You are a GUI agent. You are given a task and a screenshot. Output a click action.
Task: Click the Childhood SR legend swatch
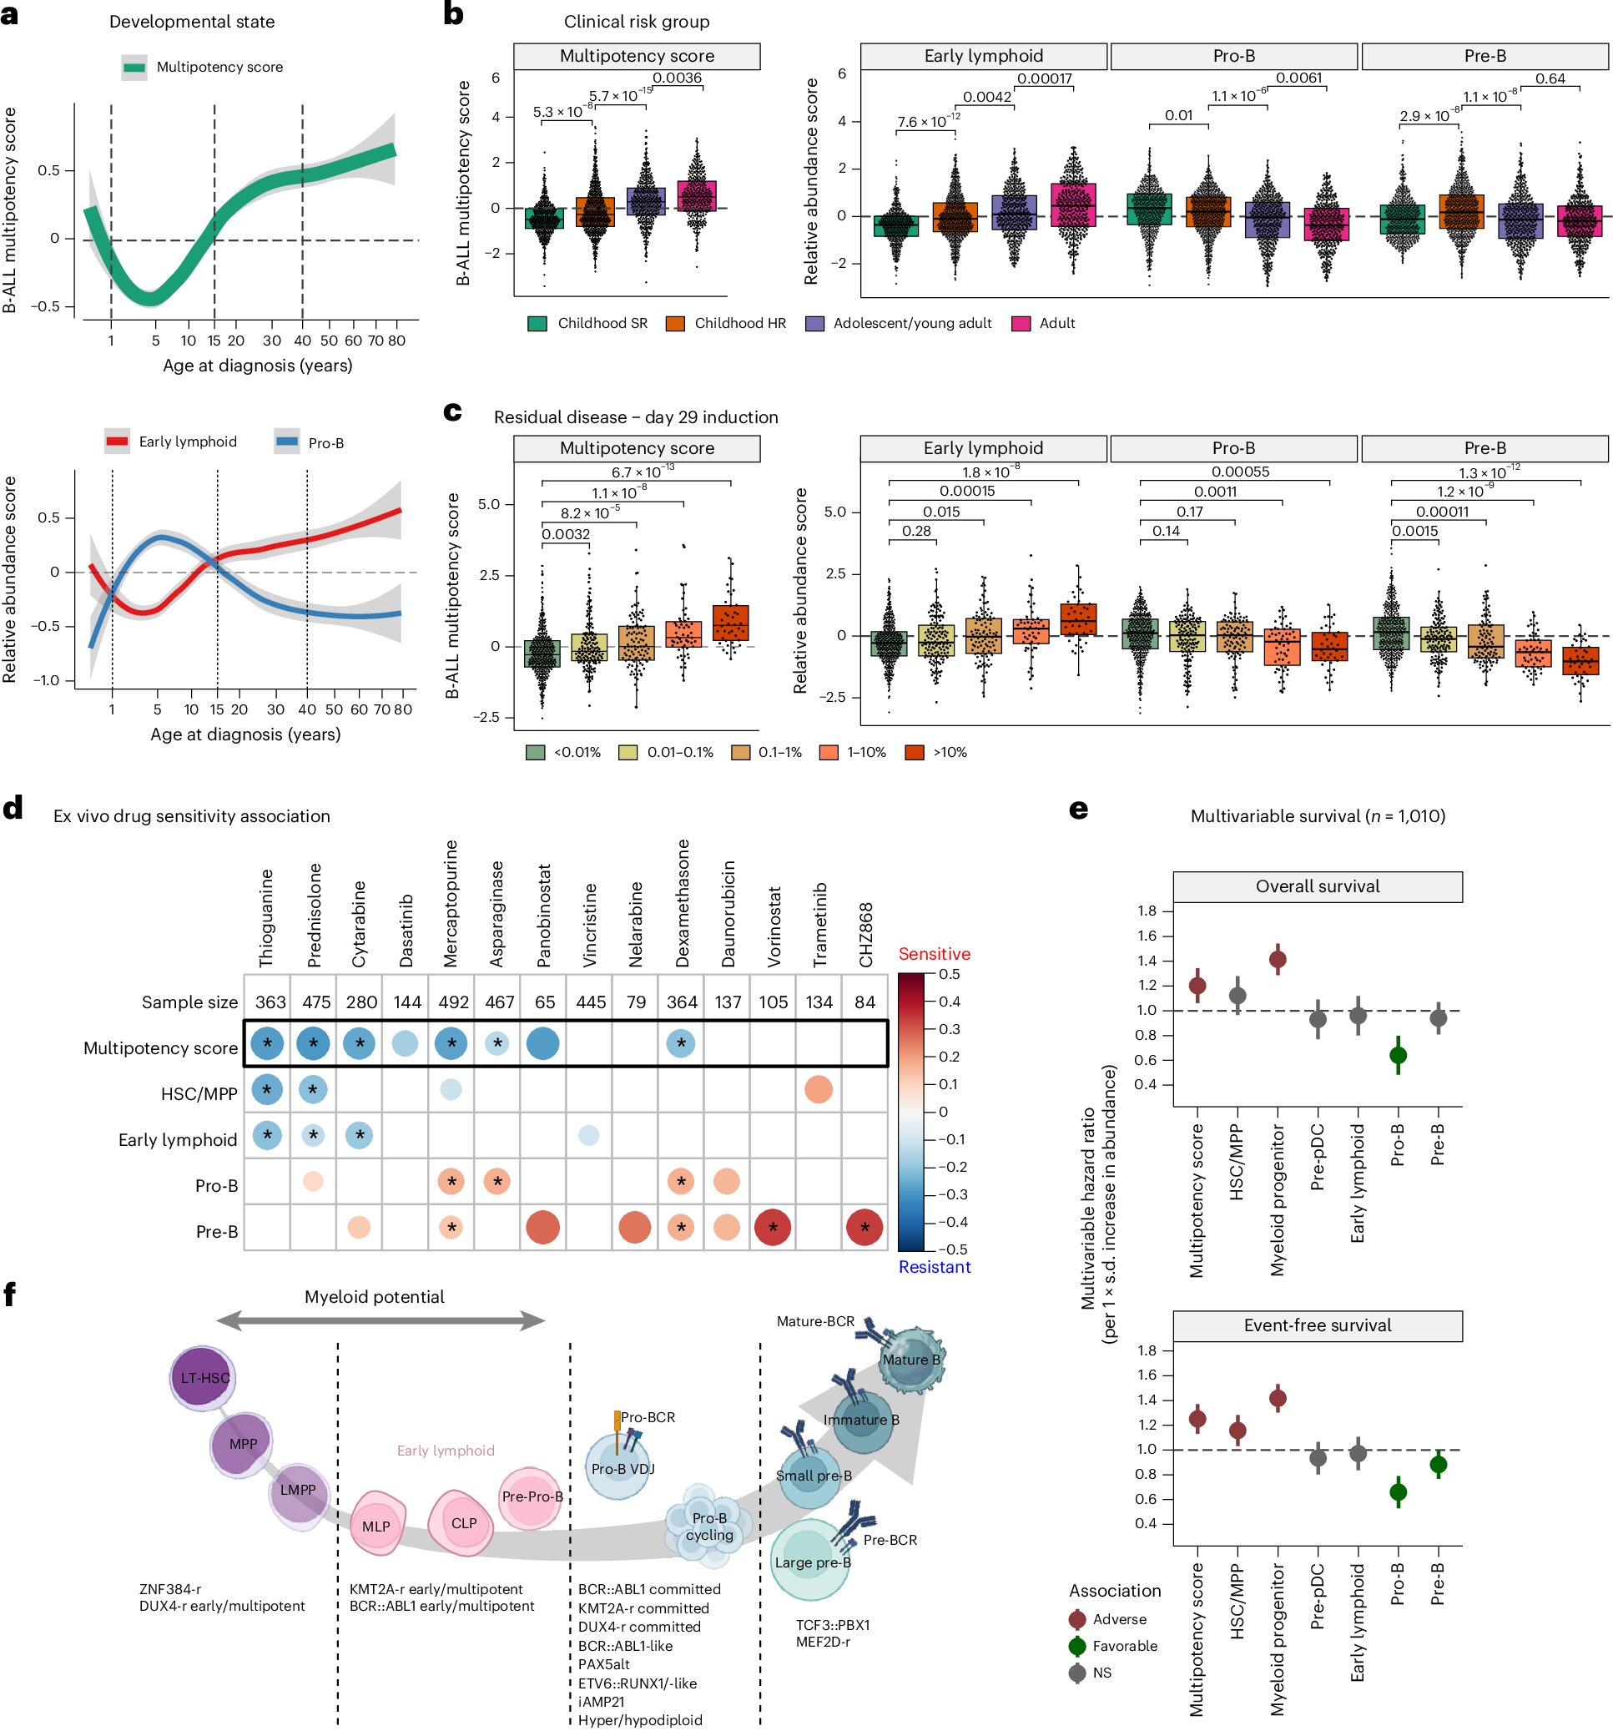(537, 323)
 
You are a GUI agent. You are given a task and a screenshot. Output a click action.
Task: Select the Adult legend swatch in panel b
(1021, 323)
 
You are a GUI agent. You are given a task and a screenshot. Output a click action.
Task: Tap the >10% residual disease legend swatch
(914, 752)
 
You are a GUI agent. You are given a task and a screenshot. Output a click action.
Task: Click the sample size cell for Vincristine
(590, 1002)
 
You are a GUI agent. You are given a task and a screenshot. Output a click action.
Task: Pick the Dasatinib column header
(406, 930)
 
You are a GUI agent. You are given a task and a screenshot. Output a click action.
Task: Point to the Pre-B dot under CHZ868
(864, 1228)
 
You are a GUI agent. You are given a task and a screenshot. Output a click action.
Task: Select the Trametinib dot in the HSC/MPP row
(819, 1089)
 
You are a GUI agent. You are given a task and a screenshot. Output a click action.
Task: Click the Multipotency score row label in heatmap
(160, 1048)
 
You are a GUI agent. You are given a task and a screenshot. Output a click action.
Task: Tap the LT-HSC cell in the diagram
(204, 1378)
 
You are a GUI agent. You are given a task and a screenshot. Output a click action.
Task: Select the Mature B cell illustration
(910, 1360)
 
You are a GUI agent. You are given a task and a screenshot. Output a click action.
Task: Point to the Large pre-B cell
(811, 1562)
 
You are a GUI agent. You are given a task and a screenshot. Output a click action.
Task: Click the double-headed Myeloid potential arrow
(381, 1322)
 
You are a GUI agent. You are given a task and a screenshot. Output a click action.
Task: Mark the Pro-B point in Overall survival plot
(1398, 1056)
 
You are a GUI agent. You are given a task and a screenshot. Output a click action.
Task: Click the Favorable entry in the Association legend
(1125, 1647)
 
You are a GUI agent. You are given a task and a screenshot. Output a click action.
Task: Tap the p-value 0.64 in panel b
(1550, 78)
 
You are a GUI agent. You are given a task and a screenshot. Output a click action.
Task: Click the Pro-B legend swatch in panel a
(286, 442)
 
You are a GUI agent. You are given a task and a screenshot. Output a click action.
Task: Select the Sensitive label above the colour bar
(934, 954)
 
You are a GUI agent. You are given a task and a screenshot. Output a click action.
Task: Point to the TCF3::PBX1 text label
(832, 1626)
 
